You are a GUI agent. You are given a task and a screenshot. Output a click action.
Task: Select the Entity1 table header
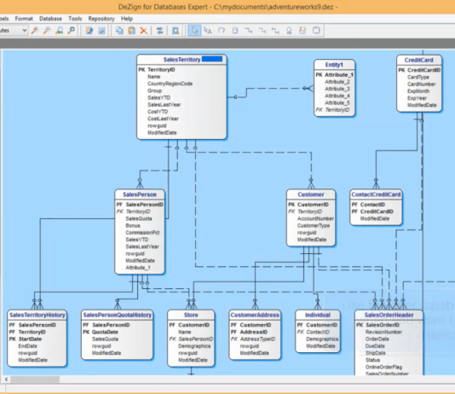333,65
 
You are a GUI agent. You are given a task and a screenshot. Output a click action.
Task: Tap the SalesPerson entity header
141,194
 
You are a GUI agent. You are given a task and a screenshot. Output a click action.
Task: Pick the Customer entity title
311,195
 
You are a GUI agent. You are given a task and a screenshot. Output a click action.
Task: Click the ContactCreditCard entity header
377,195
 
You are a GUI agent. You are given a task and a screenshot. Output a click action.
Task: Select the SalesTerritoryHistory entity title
37,315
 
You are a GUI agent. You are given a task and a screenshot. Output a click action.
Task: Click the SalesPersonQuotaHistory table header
118,315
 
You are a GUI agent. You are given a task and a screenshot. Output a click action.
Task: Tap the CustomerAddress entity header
255,315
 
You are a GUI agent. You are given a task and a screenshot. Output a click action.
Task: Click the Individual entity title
318,315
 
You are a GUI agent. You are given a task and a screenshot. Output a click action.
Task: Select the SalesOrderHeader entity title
389,315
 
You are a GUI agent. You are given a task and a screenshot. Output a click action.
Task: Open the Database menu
50,17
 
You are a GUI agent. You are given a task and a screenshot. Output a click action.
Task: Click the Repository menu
101,17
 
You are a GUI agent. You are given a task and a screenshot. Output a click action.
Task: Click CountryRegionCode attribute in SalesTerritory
170,84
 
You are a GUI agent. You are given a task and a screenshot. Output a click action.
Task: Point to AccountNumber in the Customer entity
315,218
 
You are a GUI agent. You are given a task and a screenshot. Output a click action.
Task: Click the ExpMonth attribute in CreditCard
419,90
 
